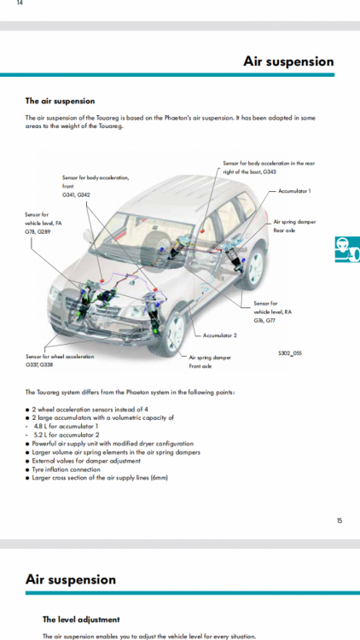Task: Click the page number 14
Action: point(20,3)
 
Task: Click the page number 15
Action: point(340,521)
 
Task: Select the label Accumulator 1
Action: point(294,191)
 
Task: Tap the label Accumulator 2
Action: point(219,335)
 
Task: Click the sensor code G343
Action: point(270,172)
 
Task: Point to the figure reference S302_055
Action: point(290,353)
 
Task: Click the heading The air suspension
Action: point(60,101)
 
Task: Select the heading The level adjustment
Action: point(81,620)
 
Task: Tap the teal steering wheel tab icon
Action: point(347,249)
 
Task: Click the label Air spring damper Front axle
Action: point(210,362)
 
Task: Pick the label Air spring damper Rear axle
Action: point(294,226)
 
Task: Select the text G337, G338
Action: point(39,365)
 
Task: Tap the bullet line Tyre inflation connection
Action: point(66,469)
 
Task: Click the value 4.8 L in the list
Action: point(41,426)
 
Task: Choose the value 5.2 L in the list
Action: point(41,434)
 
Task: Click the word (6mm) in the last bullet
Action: point(160,478)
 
